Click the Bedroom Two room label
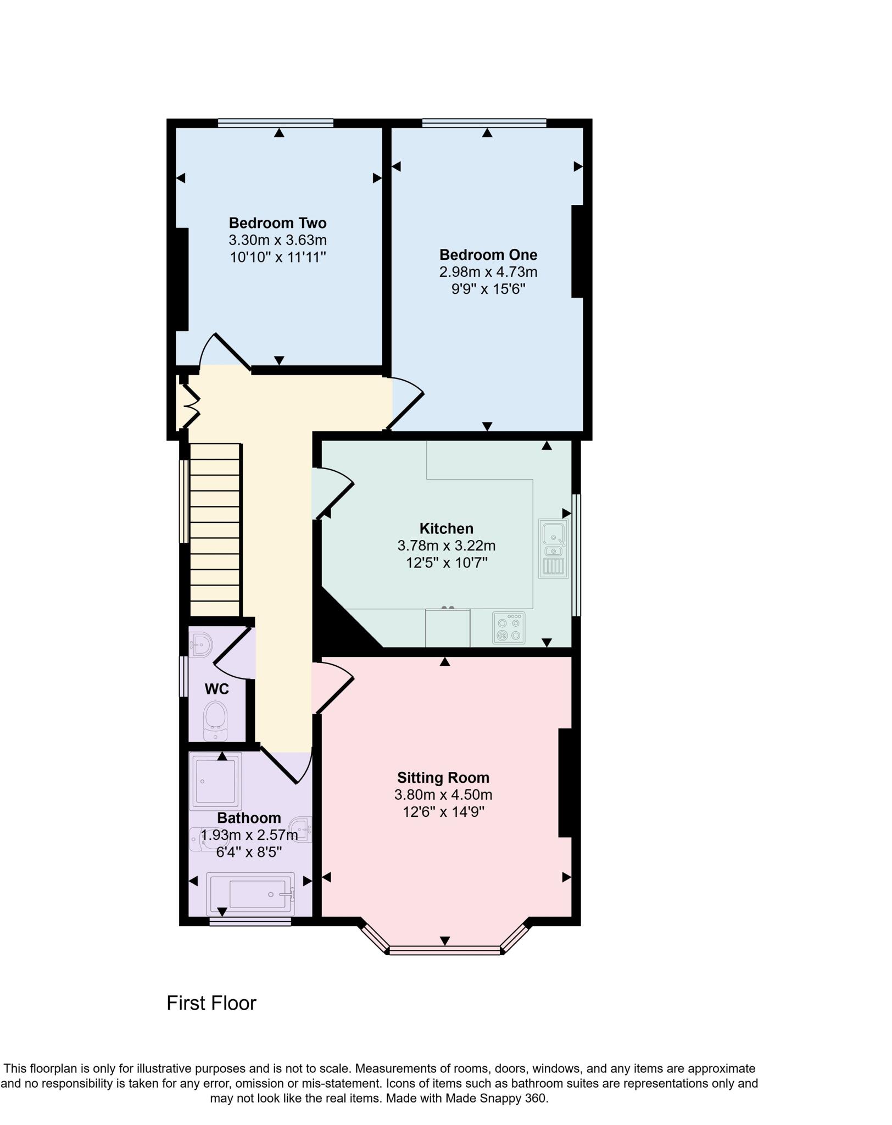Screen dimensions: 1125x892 coord(277,223)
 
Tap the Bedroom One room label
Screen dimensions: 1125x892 coord(488,255)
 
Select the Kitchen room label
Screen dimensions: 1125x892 coord(446,528)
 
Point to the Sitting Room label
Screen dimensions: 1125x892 coord(443,778)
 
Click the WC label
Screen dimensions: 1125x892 coord(216,689)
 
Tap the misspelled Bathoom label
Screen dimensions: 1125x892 coord(249,818)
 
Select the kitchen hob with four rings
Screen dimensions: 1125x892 coord(509,628)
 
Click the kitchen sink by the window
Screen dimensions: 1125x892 coord(553,549)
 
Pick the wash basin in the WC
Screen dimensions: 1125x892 coord(202,644)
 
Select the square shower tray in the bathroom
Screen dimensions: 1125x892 coord(215,781)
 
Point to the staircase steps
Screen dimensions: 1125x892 coord(215,530)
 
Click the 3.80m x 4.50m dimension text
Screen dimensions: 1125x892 coord(443,795)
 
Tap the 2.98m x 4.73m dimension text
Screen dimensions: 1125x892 coord(488,272)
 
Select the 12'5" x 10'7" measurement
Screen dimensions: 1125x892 coord(446,563)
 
